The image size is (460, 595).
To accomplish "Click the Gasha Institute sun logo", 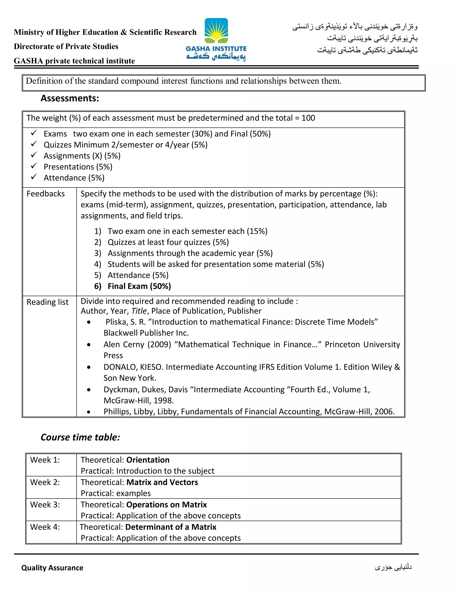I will (216, 31).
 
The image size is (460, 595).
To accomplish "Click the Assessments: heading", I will (70, 98).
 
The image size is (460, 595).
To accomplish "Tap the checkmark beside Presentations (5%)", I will (34, 166).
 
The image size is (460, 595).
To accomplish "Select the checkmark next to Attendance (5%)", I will (34, 177).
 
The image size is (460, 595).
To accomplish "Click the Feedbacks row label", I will (46, 194).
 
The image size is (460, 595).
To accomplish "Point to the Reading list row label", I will (47, 302).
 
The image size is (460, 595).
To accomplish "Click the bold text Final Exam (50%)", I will (139, 286).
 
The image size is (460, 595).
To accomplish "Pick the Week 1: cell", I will (45, 460).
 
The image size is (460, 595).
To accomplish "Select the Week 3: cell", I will (45, 505).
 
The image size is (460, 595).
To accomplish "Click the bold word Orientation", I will (148, 460).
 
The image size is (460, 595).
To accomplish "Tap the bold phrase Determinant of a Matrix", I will (171, 527).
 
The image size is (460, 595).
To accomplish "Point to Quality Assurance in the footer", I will (52, 568).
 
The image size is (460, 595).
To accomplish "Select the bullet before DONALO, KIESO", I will (89, 367).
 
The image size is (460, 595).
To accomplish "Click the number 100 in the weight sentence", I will (308, 118).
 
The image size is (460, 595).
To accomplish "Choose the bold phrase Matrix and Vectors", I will (162, 482).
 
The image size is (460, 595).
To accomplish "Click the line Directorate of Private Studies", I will (66, 46).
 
